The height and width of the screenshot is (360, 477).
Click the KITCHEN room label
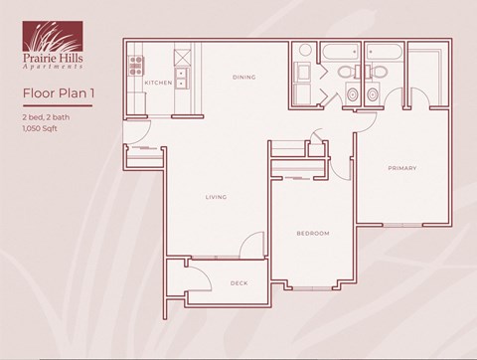[157, 83]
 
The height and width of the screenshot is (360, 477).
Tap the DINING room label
[244, 77]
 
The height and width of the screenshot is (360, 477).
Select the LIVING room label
[217, 197]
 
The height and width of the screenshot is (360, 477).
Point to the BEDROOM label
[312, 233]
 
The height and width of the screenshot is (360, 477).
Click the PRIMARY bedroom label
[401, 168]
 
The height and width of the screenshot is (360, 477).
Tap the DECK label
[238, 282]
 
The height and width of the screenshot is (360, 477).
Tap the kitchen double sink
[183, 77]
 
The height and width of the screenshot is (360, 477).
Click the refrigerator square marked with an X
[183, 54]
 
